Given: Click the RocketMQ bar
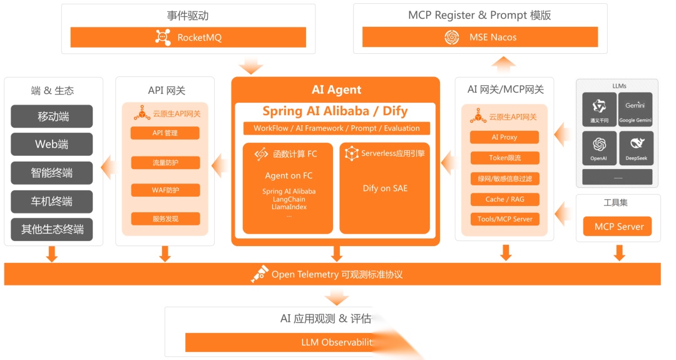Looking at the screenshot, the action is (x=188, y=38).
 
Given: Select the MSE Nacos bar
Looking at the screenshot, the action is (x=480, y=38).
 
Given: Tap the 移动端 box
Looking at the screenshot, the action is (x=52, y=116).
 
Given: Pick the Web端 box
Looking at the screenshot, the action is (x=52, y=145).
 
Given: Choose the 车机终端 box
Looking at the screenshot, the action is (x=52, y=202).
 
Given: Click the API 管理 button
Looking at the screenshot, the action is (x=165, y=133).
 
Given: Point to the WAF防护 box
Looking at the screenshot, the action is (x=165, y=190).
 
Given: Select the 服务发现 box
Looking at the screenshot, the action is (x=165, y=219).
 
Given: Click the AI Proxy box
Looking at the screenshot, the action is (x=504, y=137).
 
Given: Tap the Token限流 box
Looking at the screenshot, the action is (x=504, y=158).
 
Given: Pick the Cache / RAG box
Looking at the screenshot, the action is (x=504, y=199).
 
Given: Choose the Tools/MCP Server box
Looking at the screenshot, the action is (x=504, y=219).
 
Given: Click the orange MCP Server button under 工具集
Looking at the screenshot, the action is (x=618, y=227).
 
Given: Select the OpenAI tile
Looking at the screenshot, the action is (x=599, y=148).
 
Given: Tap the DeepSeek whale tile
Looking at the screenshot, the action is (x=636, y=148).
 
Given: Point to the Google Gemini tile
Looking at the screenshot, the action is (x=636, y=110).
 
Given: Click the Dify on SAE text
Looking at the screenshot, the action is (x=385, y=188).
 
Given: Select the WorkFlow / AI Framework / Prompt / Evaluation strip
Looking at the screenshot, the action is (x=337, y=128).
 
